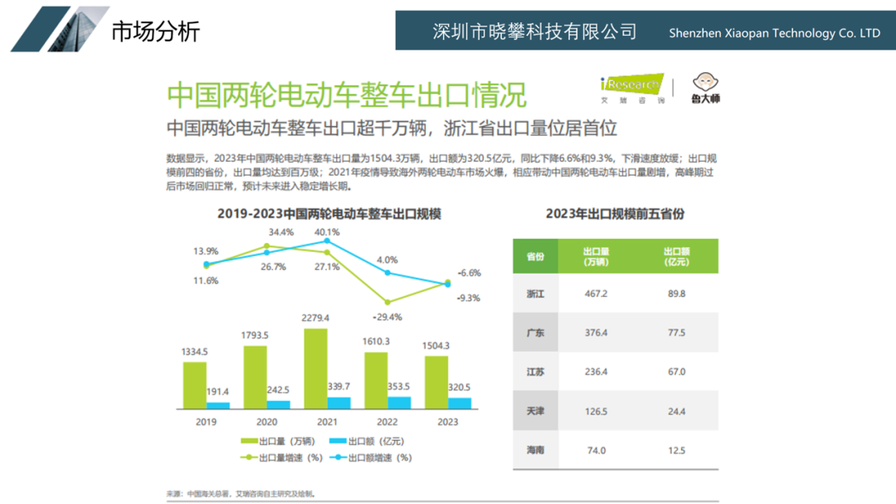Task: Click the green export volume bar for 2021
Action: point(315,368)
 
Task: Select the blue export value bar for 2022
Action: point(399,403)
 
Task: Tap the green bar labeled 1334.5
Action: point(195,385)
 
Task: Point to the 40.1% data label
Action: point(327,231)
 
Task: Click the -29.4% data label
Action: point(387,317)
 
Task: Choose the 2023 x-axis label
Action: point(447,422)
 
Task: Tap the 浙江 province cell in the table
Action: point(535,294)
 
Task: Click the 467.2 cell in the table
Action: point(596,294)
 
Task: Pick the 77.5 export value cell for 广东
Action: point(676,333)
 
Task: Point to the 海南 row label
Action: point(535,450)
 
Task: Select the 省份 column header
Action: point(535,256)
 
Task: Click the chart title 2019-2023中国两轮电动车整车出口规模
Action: point(329,214)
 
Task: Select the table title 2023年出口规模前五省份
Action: point(615,214)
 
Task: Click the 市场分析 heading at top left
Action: point(155,31)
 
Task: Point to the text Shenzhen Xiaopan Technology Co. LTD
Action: point(774,33)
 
